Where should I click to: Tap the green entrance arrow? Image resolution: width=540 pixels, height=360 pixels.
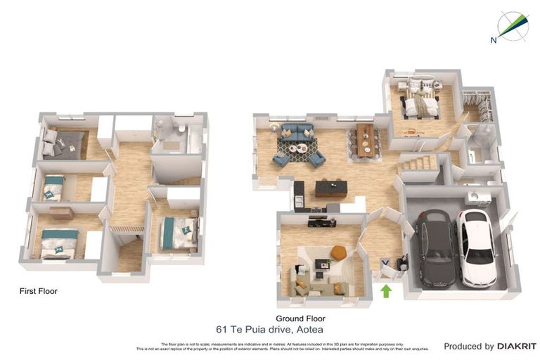click(x=385, y=290)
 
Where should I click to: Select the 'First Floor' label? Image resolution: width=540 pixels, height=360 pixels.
click(x=39, y=290)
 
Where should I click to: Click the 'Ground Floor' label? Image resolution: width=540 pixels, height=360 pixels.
click(x=296, y=319)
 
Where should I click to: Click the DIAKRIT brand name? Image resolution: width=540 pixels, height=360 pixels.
click(x=517, y=347)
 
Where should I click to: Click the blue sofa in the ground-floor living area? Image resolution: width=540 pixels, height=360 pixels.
click(x=298, y=133)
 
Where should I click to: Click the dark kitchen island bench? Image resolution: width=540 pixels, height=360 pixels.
click(x=331, y=188)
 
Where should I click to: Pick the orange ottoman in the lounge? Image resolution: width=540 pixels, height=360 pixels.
click(x=338, y=252)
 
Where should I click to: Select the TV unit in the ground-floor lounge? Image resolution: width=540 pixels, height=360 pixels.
click(x=321, y=223)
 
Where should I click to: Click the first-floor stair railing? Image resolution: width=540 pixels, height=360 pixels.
click(x=127, y=228)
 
